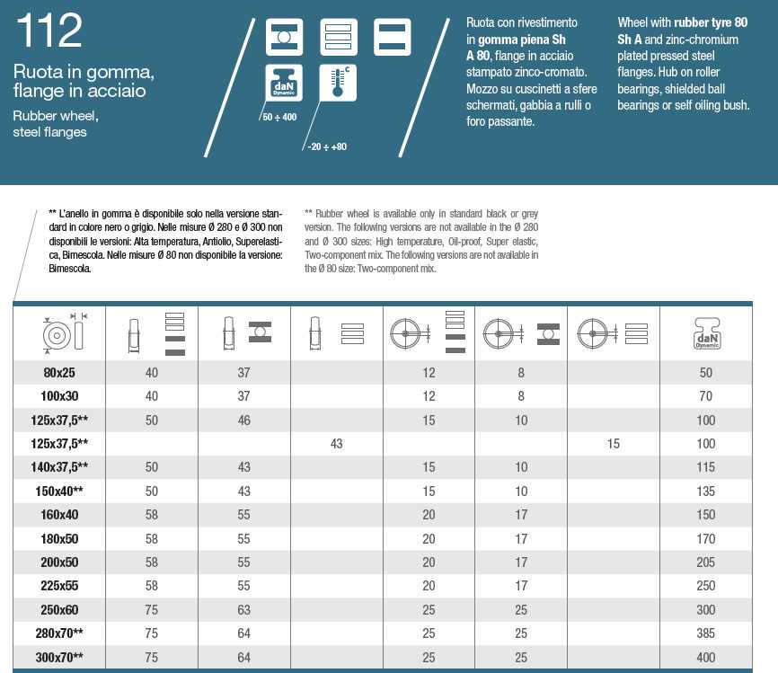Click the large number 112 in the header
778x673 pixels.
(x=50, y=32)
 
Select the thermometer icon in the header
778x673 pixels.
(x=338, y=82)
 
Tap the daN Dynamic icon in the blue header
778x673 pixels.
(x=283, y=82)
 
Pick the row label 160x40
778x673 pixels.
(x=59, y=515)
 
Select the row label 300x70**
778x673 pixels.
(x=59, y=657)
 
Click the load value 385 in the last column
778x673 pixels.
(x=705, y=633)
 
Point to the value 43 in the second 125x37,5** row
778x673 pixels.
(x=337, y=444)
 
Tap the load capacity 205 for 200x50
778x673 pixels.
(x=705, y=562)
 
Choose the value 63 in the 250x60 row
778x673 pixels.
(x=244, y=609)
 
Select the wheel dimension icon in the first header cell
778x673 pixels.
(x=61, y=333)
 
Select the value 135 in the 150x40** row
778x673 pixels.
(x=705, y=491)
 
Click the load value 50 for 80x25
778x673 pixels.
(x=705, y=373)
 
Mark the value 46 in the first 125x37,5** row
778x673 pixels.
(x=244, y=421)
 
